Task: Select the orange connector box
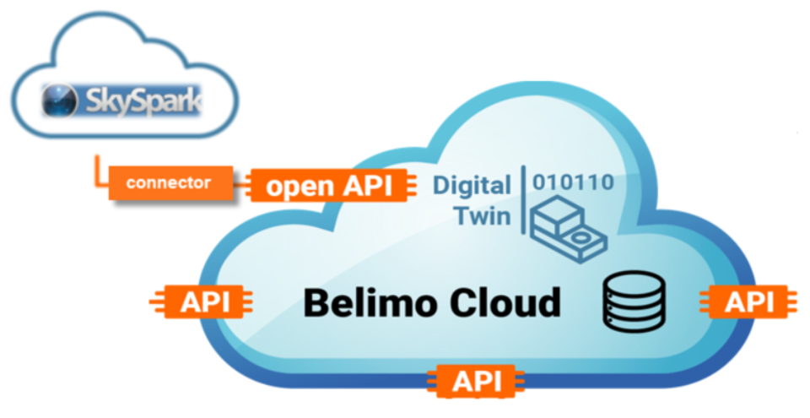pyautogui.click(x=169, y=183)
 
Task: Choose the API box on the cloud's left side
pyautogui.click(x=204, y=301)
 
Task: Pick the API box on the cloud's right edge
pyautogui.click(x=748, y=301)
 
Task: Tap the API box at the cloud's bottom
pyautogui.click(x=476, y=381)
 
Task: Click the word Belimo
pyautogui.click(x=373, y=301)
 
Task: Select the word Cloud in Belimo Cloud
pyautogui.click(x=506, y=301)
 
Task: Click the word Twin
pyautogui.click(x=483, y=215)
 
